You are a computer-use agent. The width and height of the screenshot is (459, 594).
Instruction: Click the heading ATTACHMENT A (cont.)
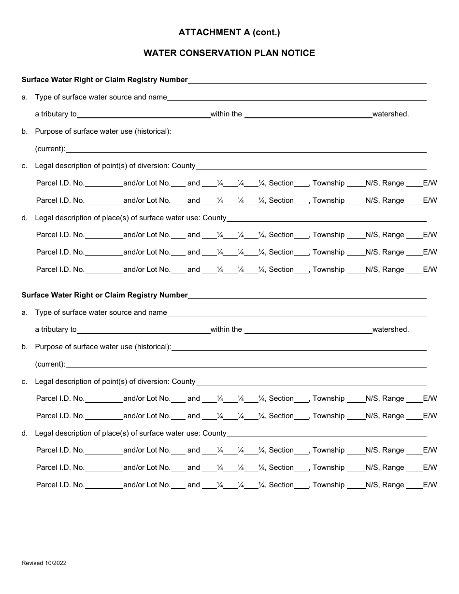click(229, 32)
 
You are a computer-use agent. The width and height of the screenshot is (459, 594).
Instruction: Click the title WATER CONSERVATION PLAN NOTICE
click(229, 53)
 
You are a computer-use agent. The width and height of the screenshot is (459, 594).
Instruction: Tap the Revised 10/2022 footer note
click(44, 563)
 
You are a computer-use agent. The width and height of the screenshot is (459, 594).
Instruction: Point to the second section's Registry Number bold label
click(104, 295)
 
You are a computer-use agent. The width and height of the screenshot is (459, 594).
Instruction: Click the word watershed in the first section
click(390, 114)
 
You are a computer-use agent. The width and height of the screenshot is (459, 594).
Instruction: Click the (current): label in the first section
click(50, 149)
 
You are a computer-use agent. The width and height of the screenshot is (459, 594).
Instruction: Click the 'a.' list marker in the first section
click(25, 97)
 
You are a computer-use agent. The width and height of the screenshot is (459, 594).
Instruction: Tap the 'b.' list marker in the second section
click(25, 347)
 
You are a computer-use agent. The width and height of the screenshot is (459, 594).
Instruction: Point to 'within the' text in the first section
click(226, 114)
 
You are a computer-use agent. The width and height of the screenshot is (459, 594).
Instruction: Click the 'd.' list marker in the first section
click(25, 218)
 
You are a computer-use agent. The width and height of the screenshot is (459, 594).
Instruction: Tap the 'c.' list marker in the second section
click(25, 382)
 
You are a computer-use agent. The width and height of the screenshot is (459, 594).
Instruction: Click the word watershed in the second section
click(390, 329)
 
